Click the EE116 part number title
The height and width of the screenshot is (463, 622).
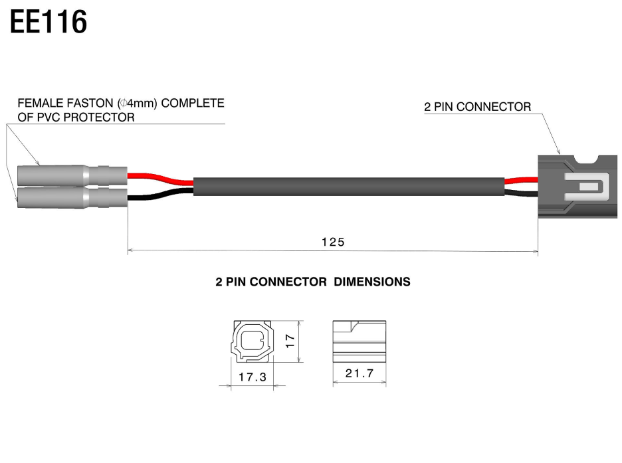click(x=49, y=22)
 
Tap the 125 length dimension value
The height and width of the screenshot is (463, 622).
click(x=333, y=242)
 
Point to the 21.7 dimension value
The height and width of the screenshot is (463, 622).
click(x=359, y=373)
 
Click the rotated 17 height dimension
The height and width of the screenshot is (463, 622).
click(x=289, y=341)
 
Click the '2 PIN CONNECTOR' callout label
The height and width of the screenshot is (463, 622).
click(x=477, y=107)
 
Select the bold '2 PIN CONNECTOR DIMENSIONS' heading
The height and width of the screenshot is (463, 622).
click(x=313, y=282)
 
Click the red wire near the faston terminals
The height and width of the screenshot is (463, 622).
click(x=159, y=177)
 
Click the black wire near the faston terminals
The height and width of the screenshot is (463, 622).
click(x=159, y=195)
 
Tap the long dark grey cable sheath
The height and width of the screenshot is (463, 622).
click(x=349, y=186)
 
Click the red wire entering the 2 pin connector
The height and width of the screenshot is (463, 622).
click(x=522, y=179)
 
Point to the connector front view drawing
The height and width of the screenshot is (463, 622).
click(x=252, y=342)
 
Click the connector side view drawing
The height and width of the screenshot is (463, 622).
click(x=359, y=341)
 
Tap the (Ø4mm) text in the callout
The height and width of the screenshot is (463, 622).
click(x=138, y=104)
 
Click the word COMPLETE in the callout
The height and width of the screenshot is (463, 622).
click(x=193, y=104)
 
